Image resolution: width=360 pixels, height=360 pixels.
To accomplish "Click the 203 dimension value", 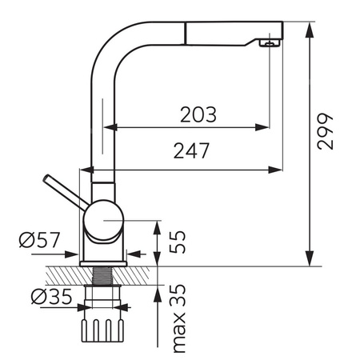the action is (x=198, y=114).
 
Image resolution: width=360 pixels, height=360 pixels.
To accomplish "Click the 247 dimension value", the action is (x=191, y=150).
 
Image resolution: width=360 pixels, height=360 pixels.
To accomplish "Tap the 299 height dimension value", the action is (x=325, y=131).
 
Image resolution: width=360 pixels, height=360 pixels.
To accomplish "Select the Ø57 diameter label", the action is (x=39, y=240).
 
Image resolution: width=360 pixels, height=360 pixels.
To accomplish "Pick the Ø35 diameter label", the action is (x=51, y=296).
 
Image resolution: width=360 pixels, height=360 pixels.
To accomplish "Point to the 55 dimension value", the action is (x=178, y=242).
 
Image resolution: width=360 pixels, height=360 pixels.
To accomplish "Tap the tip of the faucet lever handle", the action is (x=46, y=178).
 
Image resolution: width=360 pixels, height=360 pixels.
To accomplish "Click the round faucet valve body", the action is (x=103, y=221).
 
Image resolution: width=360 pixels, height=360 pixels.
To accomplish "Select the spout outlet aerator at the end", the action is (x=270, y=42).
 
